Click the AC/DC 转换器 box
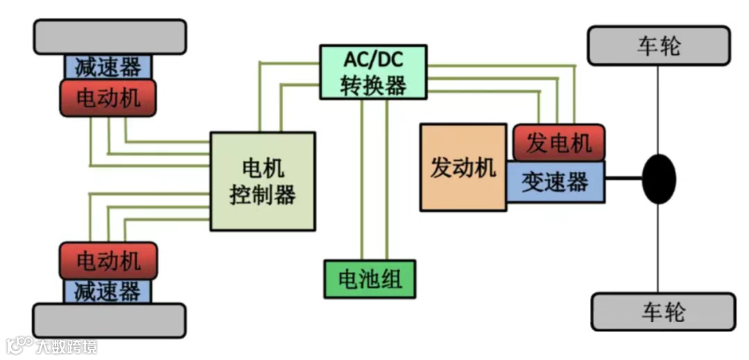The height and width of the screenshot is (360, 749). pos(373,72)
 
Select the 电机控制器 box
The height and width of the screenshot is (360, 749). pos(263,181)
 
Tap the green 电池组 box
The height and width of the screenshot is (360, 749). pos(370,279)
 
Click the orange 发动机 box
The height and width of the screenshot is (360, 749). pos(463,167)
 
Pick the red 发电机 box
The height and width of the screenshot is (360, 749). pos(558,143)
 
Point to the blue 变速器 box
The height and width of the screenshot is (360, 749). pos(555,182)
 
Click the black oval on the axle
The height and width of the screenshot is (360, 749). pos(658,179)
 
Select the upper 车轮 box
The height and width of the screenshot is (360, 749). pos(658,46)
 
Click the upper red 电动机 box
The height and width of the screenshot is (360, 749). pos(108,97)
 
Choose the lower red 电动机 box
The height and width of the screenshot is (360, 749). pos(108,261)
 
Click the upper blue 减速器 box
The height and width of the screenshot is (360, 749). pos(107,67)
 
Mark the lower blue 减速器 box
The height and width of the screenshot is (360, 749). pos(107,291)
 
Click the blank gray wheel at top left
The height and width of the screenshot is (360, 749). pos(110,37)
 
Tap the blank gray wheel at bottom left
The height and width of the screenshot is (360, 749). pos(110,320)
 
